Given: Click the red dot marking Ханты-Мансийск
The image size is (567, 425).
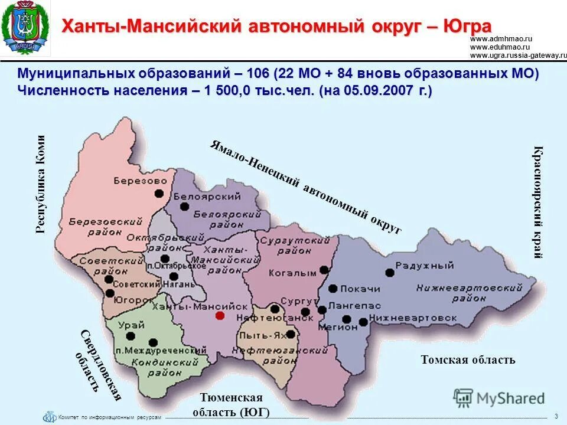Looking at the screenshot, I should (x=220, y=316).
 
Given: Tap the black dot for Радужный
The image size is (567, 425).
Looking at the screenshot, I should (x=389, y=273).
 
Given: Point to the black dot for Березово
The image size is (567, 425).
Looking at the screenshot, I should (x=159, y=193).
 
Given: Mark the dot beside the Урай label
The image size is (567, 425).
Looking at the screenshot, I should (x=131, y=336).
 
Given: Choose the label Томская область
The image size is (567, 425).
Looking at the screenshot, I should (x=468, y=359).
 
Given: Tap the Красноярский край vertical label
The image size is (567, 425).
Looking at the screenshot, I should (x=537, y=202).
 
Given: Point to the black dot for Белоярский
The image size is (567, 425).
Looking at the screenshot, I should (x=184, y=206).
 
